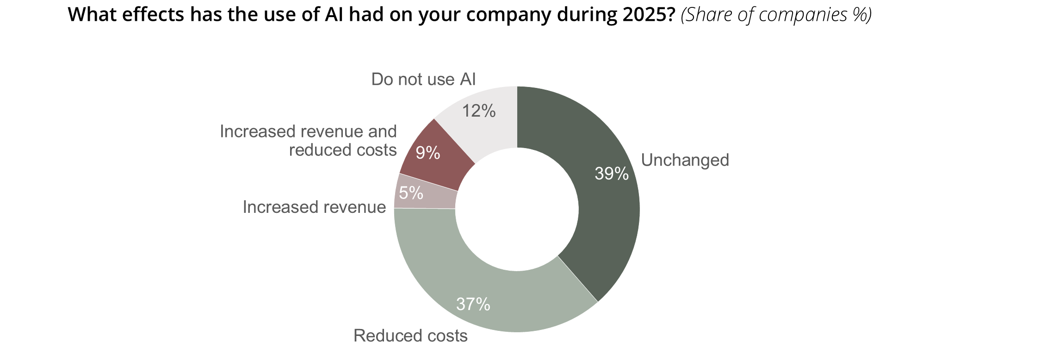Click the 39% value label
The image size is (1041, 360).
[x=612, y=174]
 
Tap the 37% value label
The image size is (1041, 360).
[x=473, y=304]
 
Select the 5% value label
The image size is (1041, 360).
[x=411, y=193]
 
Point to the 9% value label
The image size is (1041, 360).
[x=428, y=153]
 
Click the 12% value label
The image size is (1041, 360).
[x=479, y=111]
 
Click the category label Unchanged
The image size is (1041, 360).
[x=685, y=160]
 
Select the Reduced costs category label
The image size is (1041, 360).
[x=410, y=335]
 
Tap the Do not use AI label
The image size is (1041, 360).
[x=423, y=80]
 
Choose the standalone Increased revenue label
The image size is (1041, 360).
[x=314, y=207]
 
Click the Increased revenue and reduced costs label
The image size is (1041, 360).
[x=308, y=141]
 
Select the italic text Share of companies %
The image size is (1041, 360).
[x=776, y=15]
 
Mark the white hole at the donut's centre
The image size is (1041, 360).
[x=517, y=209]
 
